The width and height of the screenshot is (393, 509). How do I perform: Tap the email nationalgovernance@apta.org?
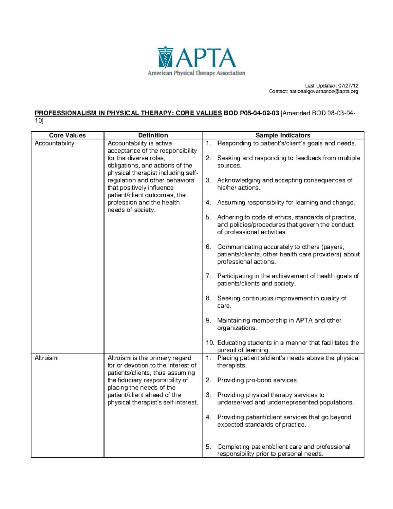[x=323, y=91]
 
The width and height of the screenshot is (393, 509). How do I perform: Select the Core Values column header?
[x=67, y=135]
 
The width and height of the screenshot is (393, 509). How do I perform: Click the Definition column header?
[x=153, y=135]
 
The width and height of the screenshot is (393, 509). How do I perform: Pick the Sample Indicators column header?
[x=283, y=135]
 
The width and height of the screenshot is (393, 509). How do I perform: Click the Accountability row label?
[x=54, y=143]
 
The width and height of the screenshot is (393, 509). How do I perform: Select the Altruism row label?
[x=46, y=358]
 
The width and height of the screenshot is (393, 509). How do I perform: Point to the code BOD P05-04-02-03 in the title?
[x=251, y=113]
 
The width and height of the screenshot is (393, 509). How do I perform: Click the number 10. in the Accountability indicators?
[x=210, y=343]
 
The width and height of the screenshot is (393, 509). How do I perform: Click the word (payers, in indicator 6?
[x=333, y=247]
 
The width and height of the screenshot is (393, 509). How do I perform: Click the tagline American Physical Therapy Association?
[x=196, y=73]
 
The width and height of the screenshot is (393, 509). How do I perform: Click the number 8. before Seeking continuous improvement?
[x=208, y=298]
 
